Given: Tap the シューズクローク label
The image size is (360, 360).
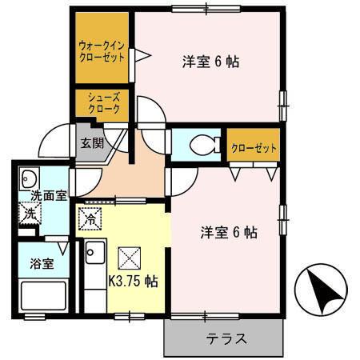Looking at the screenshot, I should click(x=103, y=102).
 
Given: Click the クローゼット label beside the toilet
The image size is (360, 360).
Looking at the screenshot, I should click(x=254, y=148).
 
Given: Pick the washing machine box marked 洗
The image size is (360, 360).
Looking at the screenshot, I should click(x=29, y=214).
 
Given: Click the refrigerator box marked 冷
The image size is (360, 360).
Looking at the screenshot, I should click(x=90, y=216).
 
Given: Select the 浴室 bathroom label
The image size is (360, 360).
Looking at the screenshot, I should click(x=43, y=262).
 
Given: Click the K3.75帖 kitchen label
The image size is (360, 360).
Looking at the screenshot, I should click(x=132, y=281).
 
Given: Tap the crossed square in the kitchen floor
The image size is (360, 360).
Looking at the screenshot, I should click(x=128, y=258).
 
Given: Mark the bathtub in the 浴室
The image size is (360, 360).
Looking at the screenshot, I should click(x=43, y=297).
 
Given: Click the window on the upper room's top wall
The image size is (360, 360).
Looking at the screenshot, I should click(x=205, y=9).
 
